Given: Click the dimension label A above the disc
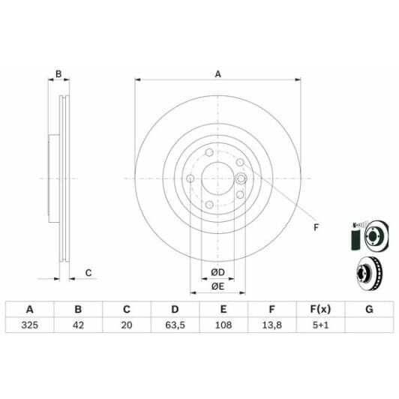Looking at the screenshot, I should [x=218, y=73].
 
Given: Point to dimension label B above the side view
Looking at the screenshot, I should [x=58, y=73].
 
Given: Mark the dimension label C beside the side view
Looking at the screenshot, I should [x=88, y=272].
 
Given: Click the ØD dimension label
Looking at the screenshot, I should [x=217, y=271].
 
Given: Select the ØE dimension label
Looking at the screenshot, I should [x=217, y=286].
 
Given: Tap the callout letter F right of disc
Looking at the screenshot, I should [x=316, y=227].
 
